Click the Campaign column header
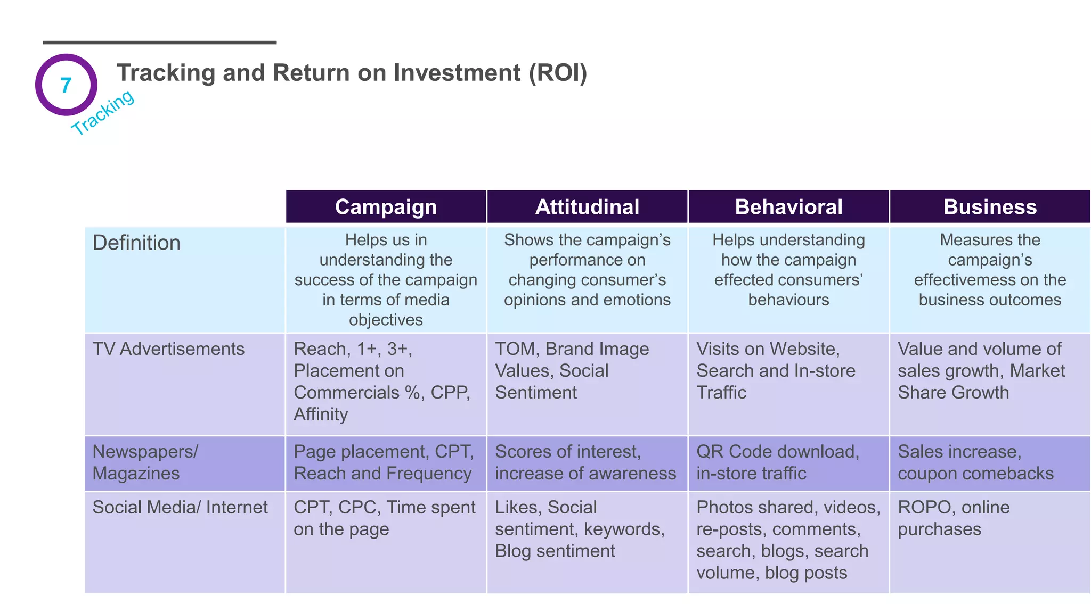tap(386, 207)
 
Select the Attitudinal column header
tap(587, 207)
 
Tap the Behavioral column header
tap(788, 207)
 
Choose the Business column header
tap(990, 207)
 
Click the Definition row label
tap(136, 243)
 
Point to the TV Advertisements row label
tap(168, 349)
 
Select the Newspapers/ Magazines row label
tap(145, 462)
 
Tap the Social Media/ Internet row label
tap(180, 507)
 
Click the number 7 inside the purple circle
tap(66, 85)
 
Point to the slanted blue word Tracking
tap(103, 112)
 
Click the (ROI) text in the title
tap(558, 73)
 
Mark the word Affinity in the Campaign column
tap(321, 415)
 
